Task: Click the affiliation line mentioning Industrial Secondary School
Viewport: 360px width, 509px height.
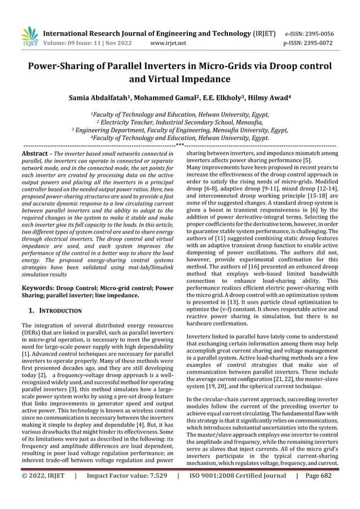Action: [180, 121]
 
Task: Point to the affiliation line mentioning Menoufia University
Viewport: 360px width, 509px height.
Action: [180, 129]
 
